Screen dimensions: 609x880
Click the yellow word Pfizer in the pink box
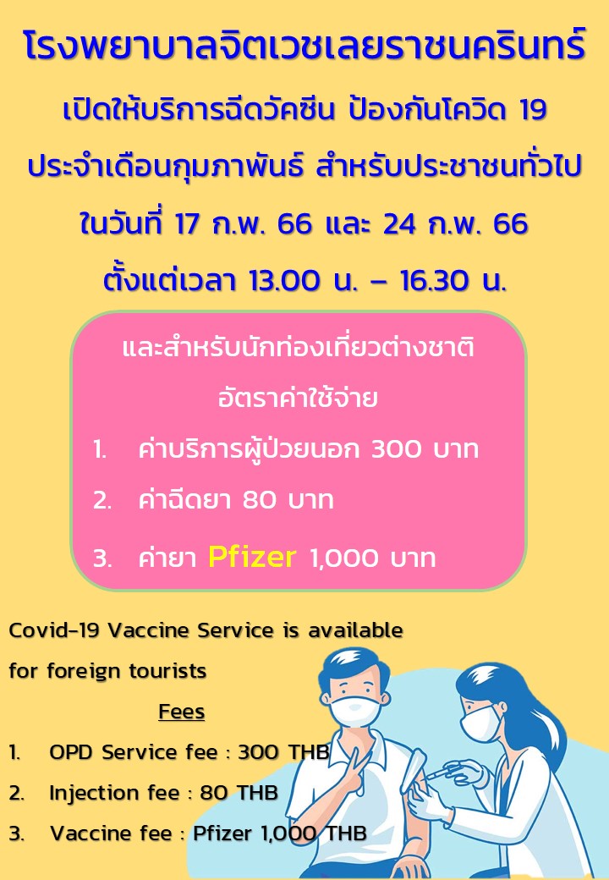(x=252, y=558)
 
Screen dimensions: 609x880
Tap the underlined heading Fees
(x=182, y=711)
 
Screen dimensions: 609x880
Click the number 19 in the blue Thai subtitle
(x=533, y=109)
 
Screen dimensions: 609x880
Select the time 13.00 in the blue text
(x=283, y=281)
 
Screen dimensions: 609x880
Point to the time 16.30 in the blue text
(x=435, y=281)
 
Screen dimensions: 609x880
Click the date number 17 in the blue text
(x=187, y=223)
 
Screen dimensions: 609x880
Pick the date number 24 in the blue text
(x=400, y=223)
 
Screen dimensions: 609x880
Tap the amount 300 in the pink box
(x=396, y=449)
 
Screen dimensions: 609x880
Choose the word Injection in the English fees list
(x=95, y=793)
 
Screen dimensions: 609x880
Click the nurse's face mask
(x=478, y=723)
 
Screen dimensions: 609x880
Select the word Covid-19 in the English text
(x=54, y=630)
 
